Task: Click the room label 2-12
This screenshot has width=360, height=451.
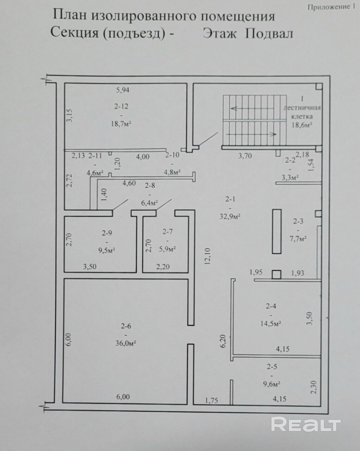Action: point(121,106)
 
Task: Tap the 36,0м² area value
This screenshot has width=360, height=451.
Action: point(126,343)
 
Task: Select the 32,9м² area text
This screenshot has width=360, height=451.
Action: point(230,216)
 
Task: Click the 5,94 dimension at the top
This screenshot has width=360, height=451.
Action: point(123,90)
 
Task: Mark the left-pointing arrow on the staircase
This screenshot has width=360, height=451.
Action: point(252,109)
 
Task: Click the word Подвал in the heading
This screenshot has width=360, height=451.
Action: point(269,33)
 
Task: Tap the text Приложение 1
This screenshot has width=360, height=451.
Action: point(331,7)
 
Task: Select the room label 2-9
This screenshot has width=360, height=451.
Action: point(107,233)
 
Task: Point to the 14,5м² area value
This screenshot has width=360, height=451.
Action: point(271,323)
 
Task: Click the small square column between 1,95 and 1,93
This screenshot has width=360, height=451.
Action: point(277,275)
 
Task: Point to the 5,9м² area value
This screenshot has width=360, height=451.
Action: point(167,249)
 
